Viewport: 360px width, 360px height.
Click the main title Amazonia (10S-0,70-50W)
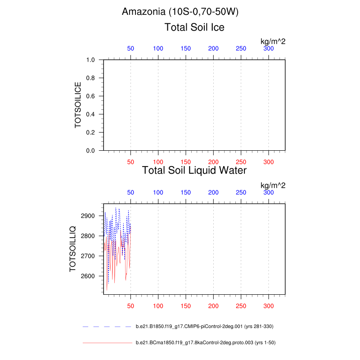[180, 12]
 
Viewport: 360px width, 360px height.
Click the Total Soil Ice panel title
[194, 27]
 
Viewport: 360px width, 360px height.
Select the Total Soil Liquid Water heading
[194, 171]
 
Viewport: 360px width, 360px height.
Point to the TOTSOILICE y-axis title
[78, 105]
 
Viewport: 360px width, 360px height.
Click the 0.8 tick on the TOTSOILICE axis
[90, 78]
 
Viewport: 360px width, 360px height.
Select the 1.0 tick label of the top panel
[90, 60]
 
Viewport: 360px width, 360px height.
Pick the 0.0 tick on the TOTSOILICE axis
[90, 151]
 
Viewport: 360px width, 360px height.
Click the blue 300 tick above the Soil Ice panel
[269, 49]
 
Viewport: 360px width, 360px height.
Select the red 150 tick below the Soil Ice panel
[185, 162]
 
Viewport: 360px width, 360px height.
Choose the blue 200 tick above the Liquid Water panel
[213, 193]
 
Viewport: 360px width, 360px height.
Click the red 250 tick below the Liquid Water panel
[241, 306]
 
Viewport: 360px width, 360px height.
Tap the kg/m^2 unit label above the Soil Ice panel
[273, 41]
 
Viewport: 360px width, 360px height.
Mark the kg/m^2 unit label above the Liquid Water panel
[273, 185]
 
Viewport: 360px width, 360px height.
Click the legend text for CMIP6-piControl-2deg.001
[205, 326]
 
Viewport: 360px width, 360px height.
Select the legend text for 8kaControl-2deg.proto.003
[205, 343]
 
